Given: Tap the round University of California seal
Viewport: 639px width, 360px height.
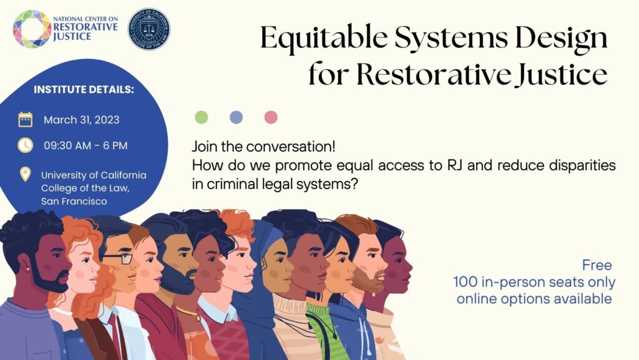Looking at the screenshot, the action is (149, 29).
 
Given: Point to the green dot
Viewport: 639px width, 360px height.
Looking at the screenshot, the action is (202, 117).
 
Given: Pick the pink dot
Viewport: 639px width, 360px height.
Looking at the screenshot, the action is (271, 117).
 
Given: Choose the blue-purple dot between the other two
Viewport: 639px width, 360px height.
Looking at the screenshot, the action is (237, 117).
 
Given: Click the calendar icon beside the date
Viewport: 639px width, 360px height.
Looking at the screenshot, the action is (25, 119).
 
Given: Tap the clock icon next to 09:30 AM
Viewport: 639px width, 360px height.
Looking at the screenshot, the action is (25, 145).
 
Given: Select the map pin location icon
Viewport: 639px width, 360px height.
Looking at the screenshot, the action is (25, 174).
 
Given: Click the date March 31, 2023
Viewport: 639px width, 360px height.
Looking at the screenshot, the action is (82, 120).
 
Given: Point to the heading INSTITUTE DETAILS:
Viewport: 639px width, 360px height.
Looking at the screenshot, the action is (84, 90).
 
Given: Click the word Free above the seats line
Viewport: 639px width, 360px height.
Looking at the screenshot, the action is (597, 265).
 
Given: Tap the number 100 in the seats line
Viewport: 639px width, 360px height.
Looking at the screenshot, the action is (466, 282).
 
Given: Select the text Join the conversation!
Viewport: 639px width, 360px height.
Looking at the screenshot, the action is (264, 147).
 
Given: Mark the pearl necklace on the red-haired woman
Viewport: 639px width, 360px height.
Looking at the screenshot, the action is (62, 312).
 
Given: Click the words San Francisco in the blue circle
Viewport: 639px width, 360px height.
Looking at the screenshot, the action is (74, 201).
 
